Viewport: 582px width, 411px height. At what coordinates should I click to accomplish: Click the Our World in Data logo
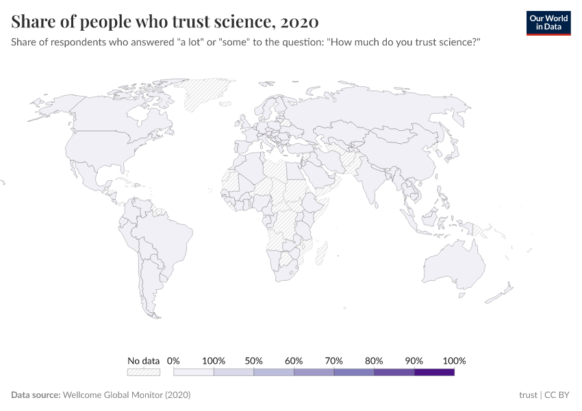tap(548, 23)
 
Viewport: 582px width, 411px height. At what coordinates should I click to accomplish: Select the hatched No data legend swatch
tap(144, 372)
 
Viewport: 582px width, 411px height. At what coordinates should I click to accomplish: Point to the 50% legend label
tap(254, 360)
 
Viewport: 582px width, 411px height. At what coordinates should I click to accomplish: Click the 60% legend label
tap(294, 360)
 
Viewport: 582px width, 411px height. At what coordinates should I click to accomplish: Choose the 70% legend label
tap(334, 360)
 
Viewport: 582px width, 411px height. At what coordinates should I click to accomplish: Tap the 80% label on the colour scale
tap(374, 360)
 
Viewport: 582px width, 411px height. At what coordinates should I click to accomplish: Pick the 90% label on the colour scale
tap(414, 360)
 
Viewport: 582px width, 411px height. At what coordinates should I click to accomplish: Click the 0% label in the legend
tap(173, 360)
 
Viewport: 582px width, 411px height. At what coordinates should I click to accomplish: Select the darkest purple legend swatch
tap(434, 372)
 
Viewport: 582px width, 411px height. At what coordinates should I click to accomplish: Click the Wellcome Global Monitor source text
tap(126, 395)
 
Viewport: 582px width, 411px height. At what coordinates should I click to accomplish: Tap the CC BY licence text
tap(558, 395)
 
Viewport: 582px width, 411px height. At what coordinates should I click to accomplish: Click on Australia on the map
tap(455, 264)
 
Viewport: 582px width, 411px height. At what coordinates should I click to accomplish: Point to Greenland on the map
tap(205, 92)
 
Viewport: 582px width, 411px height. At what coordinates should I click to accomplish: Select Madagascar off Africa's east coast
tap(320, 252)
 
